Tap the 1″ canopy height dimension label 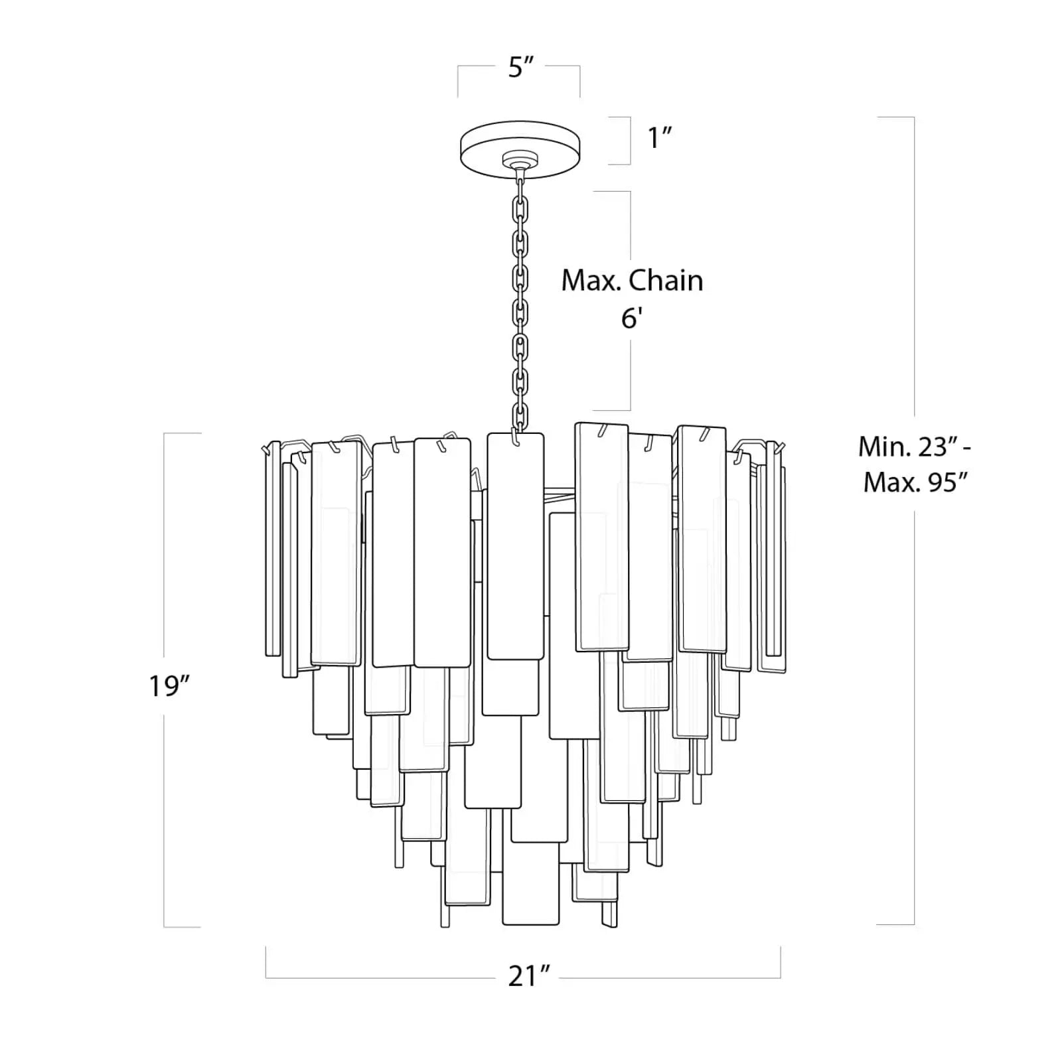pos(660,139)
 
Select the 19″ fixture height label pos(170,685)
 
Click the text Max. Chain pos(632,281)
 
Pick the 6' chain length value pos(631,319)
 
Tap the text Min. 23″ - pos(915,447)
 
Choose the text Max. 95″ pos(918,482)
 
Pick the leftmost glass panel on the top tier pos(272,551)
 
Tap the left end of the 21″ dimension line pos(266,962)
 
